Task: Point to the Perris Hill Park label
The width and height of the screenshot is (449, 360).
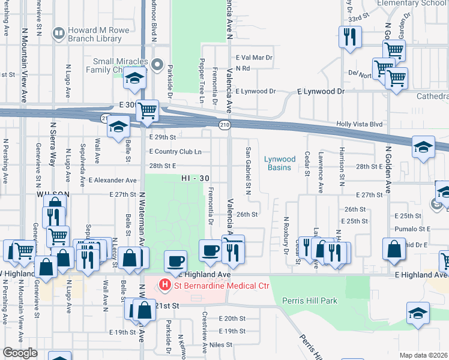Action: pos(309,301)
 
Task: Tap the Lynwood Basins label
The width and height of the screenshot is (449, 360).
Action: pos(280,163)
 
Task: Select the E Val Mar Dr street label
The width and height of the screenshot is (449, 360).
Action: pos(255,58)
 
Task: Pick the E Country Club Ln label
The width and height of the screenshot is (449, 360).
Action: pos(175,152)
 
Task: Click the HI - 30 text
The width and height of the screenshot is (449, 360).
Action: pos(196,179)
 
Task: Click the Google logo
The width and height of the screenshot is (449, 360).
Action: pos(20,353)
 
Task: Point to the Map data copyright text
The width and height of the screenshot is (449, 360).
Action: pos(424,355)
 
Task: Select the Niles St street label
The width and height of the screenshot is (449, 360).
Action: pos(220,345)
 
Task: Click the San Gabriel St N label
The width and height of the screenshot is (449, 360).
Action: pos(248,170)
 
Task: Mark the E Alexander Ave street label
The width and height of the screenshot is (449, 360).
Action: pos(112,180)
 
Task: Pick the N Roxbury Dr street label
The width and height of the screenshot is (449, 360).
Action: pos(286,236)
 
